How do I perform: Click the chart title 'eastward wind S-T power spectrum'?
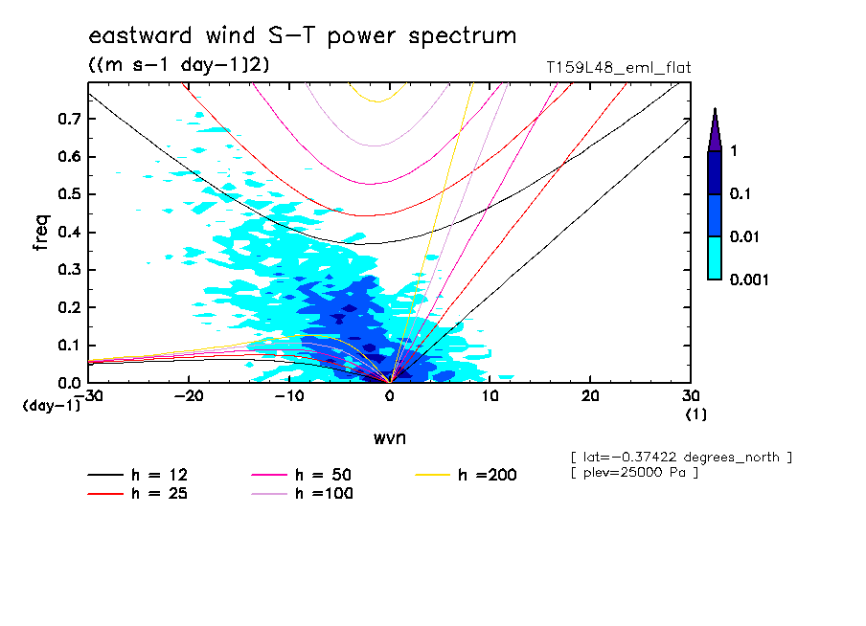[x=302, y=36]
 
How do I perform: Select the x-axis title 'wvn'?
[x=389, y=437]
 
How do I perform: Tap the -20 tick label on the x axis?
[x=187, y=396]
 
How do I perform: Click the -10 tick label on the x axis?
[x=287, y=396]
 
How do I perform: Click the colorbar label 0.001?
[x=750, y=279]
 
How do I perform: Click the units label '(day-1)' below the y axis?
[x=52, y=406]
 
